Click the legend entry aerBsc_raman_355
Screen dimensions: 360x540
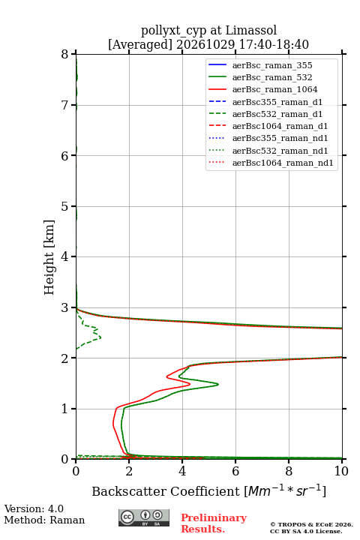pos(260,65)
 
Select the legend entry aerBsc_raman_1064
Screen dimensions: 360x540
pos(262,89)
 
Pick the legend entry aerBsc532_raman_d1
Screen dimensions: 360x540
pos(265,114)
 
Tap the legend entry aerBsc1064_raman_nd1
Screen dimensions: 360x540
pos(271,163)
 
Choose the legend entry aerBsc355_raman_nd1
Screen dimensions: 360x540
pos(268,139)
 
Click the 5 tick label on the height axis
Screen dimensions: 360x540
pos(65,206)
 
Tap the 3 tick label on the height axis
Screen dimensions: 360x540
pos(65,307)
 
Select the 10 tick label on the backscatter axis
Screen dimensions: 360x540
pos(341,471)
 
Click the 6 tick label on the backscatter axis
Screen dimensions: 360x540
pos(235,471)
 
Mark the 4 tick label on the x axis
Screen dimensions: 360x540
pos(182,471)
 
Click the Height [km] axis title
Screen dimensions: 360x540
pos(49,257)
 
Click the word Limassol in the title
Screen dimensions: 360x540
pos(251,31)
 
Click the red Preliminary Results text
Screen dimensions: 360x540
pos(214,523)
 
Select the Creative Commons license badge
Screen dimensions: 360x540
pos(144,517)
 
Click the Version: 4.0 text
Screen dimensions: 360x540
pos(34,508)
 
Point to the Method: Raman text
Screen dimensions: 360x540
pos(44,520)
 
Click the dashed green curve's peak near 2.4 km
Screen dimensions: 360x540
pos(100,337)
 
